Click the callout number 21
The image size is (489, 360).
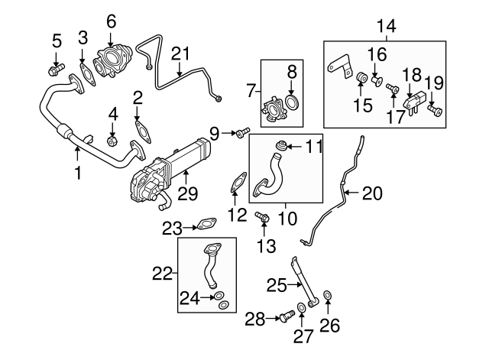click(180, 53)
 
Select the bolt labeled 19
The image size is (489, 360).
click(435, 112)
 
